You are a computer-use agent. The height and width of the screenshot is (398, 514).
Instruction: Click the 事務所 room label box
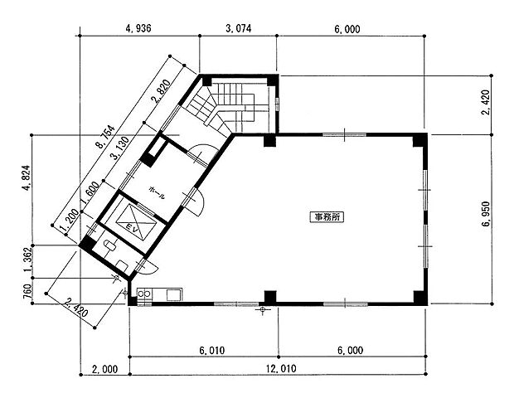coord(327,216)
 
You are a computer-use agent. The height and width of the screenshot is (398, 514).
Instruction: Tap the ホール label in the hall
coord(157,192)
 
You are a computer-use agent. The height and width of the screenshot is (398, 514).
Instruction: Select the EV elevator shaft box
coord(136,221)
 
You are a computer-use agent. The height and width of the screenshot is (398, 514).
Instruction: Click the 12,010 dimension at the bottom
coord(281,368)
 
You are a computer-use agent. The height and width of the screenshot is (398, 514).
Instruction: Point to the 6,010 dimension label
coord(212,351)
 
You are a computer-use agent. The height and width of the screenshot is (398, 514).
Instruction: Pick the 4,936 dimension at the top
coord(138,28)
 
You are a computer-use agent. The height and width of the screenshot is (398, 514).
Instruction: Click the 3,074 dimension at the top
coord(239,28)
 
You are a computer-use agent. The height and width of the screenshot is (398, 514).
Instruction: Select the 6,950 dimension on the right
coord(486,213)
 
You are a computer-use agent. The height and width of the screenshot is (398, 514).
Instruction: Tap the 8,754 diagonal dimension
coord(105,137)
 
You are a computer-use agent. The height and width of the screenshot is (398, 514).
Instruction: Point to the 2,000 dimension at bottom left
coord(104,369)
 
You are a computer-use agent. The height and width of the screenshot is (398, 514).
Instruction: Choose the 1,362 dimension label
coord(27,260)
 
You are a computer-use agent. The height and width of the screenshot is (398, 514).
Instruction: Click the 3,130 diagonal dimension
coord(120,148)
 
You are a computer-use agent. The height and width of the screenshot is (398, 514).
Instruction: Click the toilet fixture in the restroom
coord(109,245)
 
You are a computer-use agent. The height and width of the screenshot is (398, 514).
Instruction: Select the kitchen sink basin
coord(174,294)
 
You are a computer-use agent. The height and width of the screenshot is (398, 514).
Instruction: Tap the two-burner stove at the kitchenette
coord(144,294)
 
